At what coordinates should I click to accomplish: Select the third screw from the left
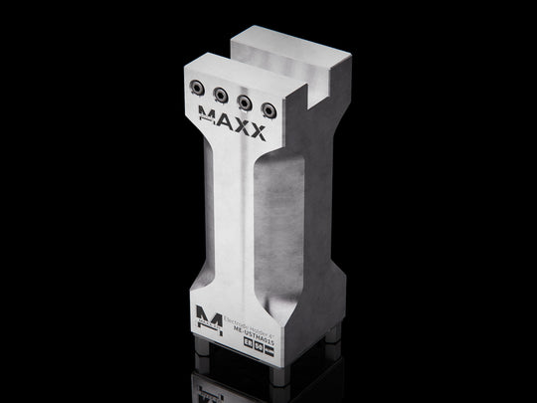[246, 99]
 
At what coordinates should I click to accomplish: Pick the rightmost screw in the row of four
[266, 105]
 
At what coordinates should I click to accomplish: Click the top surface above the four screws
[239, 76]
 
